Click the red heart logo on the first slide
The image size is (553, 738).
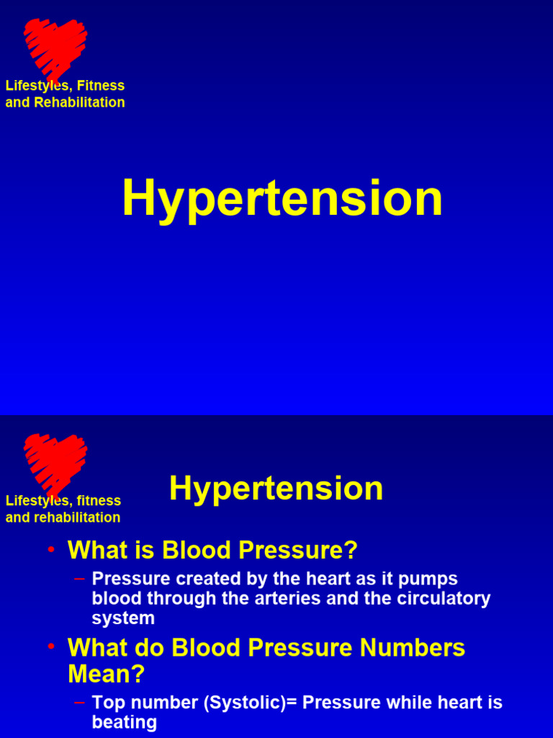55,47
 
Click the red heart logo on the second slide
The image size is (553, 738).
55,462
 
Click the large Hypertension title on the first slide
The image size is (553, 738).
282,199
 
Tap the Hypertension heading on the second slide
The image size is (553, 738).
276,489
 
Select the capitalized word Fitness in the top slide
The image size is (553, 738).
101,86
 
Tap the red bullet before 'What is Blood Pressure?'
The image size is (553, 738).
51,549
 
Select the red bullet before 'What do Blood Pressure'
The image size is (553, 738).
51,646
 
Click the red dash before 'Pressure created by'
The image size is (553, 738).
79,578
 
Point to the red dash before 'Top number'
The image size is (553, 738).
79,701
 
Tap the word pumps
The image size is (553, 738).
433,579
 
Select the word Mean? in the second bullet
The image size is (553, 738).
106,675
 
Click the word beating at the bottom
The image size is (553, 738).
125,722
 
